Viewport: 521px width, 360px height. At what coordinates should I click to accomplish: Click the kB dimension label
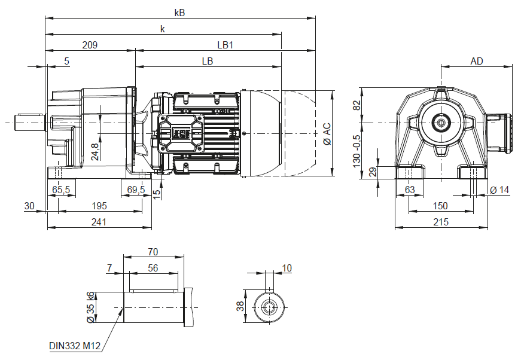pyautogui.click(x=179, y=13)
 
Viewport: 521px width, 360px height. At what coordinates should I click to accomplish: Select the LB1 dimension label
pyautogui.click(x=226, y=45)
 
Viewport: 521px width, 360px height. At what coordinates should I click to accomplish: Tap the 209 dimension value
pyautogui.click(x=90, y=45)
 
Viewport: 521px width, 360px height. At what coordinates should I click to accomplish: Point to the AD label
pyautogui.click(x=477, y=61)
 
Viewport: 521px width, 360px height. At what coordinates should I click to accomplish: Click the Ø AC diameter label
pyautogui.click(x=327, y=134)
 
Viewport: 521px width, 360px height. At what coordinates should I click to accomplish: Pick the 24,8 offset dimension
pyautogui.click(x=95, y=151)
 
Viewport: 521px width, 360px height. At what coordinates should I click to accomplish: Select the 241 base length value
pyautogui.click(x=99, y=222)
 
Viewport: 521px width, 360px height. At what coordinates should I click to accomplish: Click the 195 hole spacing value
pyautogui.click(x=99, y=206)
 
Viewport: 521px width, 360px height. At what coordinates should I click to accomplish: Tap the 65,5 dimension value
pyautogui.click(x=61, y=190)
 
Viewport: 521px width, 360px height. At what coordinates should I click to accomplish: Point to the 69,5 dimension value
pyautogui.click(x=136, y=190)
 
